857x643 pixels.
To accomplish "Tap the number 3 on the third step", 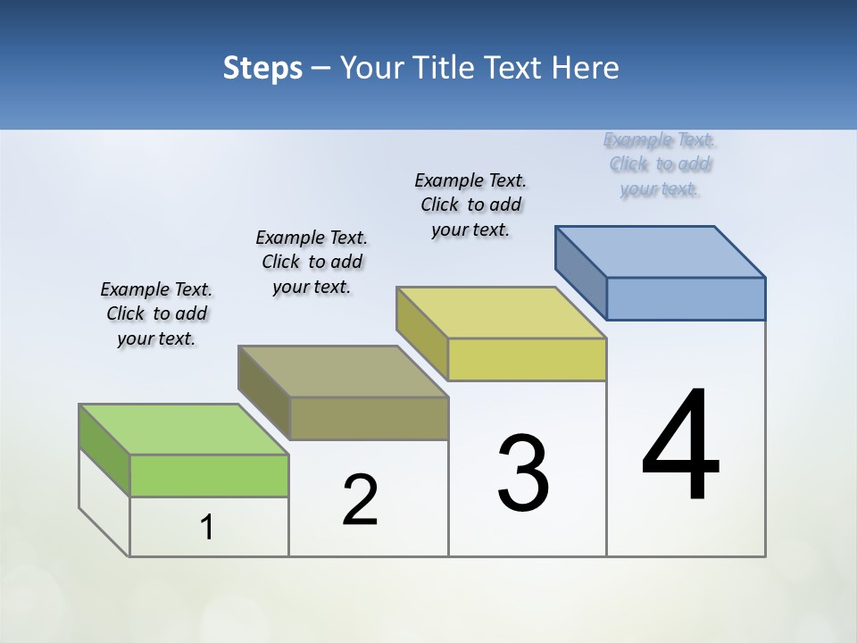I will [x=523, y=473].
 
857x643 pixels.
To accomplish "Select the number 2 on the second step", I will [x=360, y=500].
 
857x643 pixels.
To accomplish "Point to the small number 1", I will [x=206, y=527].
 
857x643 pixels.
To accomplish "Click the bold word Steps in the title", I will [x=262, y=68].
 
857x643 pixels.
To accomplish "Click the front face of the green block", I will [x=209, y=475].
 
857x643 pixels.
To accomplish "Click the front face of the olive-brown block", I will [x=369, y=418].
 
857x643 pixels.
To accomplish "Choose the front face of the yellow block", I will [x=527, y=359].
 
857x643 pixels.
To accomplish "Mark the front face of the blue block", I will [x=686, y=298].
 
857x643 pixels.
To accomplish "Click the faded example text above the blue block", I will [x=660, y=164].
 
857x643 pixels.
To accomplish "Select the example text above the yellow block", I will [x=470, y=205].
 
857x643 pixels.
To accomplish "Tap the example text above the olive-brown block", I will [x=312, y=262].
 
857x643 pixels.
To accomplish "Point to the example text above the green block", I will [x=156, y=313].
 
